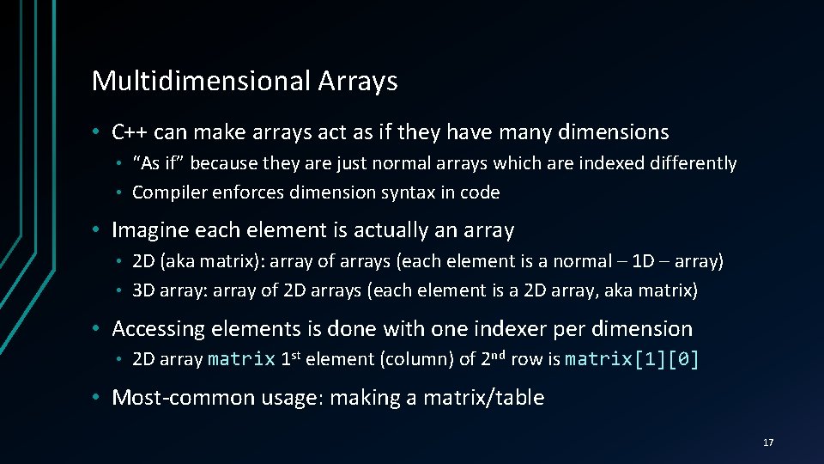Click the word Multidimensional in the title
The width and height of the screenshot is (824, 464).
tap(201, 81)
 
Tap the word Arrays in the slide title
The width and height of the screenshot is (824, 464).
tap(358, 81)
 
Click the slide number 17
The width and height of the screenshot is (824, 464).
tap(768, 443)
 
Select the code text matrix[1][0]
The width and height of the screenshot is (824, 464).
tap(633, 359)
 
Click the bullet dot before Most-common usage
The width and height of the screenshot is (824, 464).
tap(99, 398)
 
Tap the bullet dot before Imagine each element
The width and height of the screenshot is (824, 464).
tap(99, 230)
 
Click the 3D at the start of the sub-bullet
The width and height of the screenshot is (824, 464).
tap(143, 291)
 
